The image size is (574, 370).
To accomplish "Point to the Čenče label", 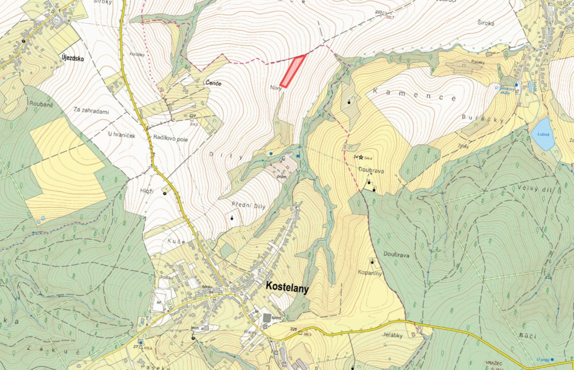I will (x=213, y=83).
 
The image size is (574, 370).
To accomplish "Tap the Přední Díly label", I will (x=248, y=206).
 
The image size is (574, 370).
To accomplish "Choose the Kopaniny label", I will (x=370, y=273).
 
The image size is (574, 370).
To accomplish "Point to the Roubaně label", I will (x=42, y=104).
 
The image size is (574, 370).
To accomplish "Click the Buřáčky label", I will (x=483, y=119).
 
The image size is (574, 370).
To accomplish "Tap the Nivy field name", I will (x=276, y=88).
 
